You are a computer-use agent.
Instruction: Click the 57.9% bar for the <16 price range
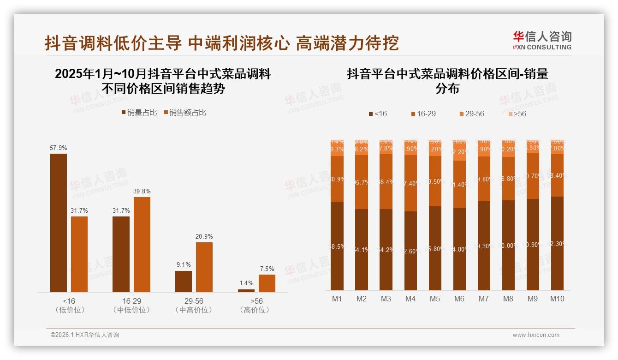(x=59, y=222)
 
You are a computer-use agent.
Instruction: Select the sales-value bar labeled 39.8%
(x=142, y=244)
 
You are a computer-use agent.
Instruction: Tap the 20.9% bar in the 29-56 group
(x=204, y=267)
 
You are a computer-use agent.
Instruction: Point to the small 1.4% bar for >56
(x=246, y=290)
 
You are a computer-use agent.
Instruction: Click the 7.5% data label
(x=267, y=269)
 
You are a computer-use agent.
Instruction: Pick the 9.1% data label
(x=183, y=265)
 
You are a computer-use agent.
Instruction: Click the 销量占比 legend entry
(x=139, y=113)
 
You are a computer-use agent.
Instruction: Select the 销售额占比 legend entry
(x=184, y=113)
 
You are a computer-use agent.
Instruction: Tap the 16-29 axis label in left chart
(x=121, y=301)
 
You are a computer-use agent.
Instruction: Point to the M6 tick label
(x=459, y=299)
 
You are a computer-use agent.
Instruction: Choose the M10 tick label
(x=557, y=299)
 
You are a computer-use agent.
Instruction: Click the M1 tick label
(x=337, y=299)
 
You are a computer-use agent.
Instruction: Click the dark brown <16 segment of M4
(x=410, y=251)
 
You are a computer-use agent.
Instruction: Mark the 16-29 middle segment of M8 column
(x=508, y=179)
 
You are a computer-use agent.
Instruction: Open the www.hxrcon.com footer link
(x=536, y=335)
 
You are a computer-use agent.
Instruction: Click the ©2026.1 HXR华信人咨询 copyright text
(x=84, y=335)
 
